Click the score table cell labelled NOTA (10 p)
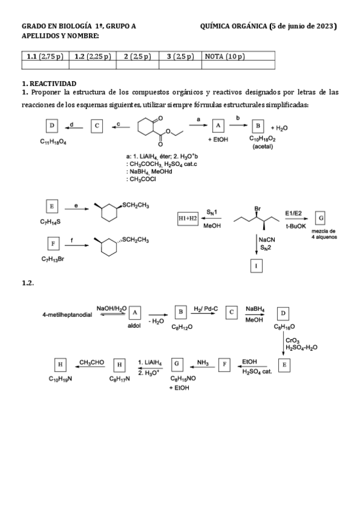click(x=225, y=57)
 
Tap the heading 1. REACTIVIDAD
click(x=50, y=83)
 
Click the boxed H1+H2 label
click(x=188, y=218)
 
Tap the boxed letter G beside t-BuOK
click(x=322, y=217)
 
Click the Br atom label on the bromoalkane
click(x=257, y=209)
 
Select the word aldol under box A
click(x=134, y=328)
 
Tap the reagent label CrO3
click(x=292, y=340)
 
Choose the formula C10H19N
click(x=61, y=379)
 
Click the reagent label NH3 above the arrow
click(x=203, y=362)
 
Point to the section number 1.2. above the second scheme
click(x=28, y=283)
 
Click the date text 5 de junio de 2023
click(x=304, y=26)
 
